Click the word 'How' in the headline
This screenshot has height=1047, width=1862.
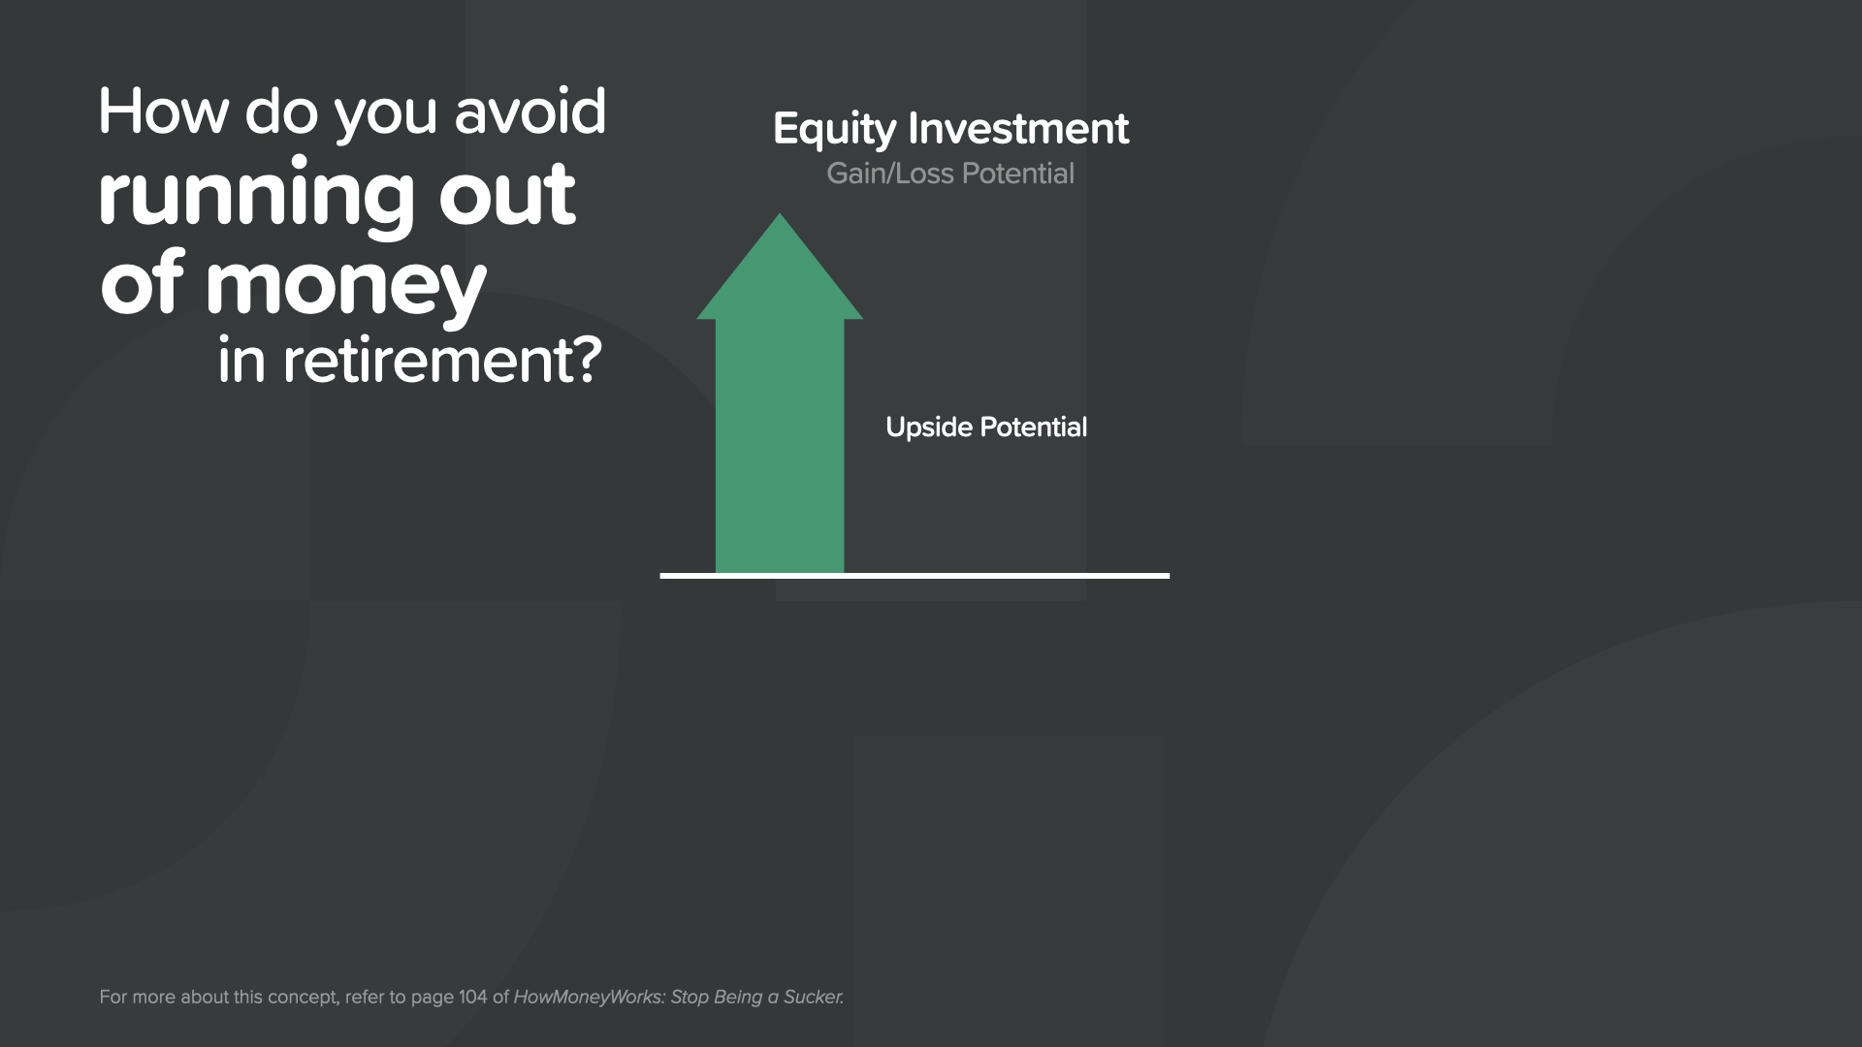pyautogui.click(x=164, y=111)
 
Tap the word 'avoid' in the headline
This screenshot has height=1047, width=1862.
pyautogui.click(x=530, y=111)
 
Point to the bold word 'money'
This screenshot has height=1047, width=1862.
pyautogui.click(x=345, y=288)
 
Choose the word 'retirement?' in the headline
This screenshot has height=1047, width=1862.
pyautogui.click(x=442, y=361)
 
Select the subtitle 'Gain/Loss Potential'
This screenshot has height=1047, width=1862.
pyautogui.click(x=950, y=174)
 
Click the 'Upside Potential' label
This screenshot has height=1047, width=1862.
pyautogui.click(x=986, y=428)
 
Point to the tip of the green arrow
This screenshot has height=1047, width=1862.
pyautogui.click(x=780, y=214)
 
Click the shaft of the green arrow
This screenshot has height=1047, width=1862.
pyautogui.click(x=780, y=446)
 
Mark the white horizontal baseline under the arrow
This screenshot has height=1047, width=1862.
pyautogui.click(x=915, y=576)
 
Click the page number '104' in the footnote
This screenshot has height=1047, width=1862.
pyautogui.click(x=472, y=997)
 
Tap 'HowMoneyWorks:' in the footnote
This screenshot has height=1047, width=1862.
pyautogui.click(x=589, y=997)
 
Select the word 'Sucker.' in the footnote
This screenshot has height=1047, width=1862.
pyautogui.click(x=813, y=997)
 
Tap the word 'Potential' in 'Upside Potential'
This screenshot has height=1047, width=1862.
pyautogui.click(x=1034, y=428)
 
